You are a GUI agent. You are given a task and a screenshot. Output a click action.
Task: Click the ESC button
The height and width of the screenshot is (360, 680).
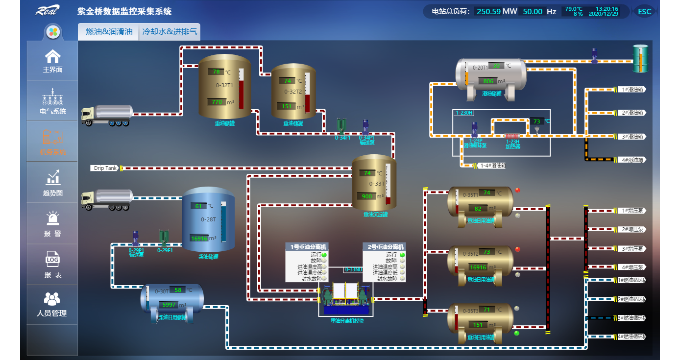click(x=645, y=11)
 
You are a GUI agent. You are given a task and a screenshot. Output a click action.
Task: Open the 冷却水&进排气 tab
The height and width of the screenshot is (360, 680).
click(x=170, y=32)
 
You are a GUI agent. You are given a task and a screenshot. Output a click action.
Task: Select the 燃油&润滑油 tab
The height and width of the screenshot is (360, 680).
click(x=109, y=32)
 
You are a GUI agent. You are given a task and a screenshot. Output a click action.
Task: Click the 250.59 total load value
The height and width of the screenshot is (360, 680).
click(x=488, y=11)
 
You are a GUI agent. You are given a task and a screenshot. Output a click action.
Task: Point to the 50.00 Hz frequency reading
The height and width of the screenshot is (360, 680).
click(x=533, y=11)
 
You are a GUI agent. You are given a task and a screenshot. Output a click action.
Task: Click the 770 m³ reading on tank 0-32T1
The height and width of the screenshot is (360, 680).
click(x=216, y=102)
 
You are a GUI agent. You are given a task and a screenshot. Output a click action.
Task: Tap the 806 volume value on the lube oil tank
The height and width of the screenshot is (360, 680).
click(x=488, y=81)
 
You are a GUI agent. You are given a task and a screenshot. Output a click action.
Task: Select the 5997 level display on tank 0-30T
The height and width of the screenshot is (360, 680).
click(x=169, y=305)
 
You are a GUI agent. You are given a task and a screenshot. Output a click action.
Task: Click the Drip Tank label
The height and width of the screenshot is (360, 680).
click(x=105, y=168)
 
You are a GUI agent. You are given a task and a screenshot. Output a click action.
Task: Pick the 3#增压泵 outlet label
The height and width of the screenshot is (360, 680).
click(x=631, y=248)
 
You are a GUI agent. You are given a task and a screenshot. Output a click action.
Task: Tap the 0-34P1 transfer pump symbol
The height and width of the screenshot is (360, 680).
click(x=365, y=127)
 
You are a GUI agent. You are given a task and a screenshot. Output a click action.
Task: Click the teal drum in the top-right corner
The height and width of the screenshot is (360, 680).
click(x=640, y=58)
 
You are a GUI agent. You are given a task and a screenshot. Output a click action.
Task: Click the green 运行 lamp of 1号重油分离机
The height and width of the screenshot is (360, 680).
click(x=324, y=255)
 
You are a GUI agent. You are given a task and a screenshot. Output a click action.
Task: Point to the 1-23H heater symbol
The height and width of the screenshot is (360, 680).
click(x=512, y=136)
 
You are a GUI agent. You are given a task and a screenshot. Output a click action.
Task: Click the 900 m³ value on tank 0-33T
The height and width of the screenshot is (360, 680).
click(x=366, y=196)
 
